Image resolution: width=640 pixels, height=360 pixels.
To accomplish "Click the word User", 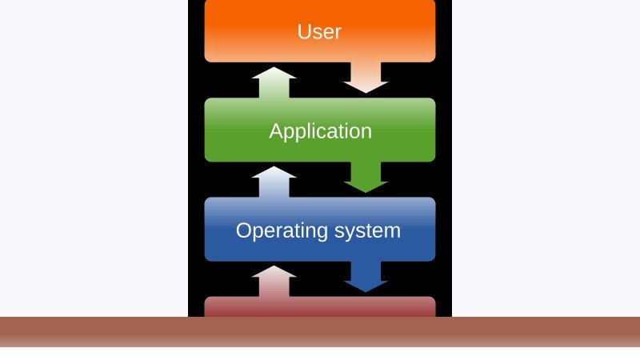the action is click(x=319, y=32).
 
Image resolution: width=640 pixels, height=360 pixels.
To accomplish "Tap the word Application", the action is click(x=321, y=131).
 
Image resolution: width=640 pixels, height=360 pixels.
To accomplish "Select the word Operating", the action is click(x=282, y=231).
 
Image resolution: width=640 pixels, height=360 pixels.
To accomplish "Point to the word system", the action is click(x=367, y=231).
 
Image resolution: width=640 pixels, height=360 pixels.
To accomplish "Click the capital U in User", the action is click(x=304, y=32).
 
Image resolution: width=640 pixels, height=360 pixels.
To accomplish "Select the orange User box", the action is click(x=320, y=31).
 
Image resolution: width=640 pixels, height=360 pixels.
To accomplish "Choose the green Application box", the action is click(x=320, y=130).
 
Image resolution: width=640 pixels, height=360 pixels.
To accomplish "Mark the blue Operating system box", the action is click(x=320, y=230).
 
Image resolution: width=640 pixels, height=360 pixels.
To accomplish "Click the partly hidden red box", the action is click(x=320, y=307).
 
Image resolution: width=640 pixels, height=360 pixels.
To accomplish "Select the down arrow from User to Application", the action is click(x=366, y=78).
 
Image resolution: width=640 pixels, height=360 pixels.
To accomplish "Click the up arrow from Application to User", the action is click(x=274, y=82).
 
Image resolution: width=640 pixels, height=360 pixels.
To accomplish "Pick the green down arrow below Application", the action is click(x=366, y=177).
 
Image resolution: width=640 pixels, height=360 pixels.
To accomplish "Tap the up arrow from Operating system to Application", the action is click(x=274, y=182).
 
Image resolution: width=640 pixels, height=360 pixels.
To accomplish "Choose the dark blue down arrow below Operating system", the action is click(x=366, y=277).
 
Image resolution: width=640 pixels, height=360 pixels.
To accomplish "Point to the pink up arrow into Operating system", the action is click(x=274, y=282).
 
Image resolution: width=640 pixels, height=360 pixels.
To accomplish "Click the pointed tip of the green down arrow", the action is click(x=366, y=192).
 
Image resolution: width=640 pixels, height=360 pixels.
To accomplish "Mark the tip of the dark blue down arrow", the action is click(x=366, y=292).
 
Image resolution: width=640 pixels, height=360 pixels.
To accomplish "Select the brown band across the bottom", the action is click(x=320, y=332).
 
